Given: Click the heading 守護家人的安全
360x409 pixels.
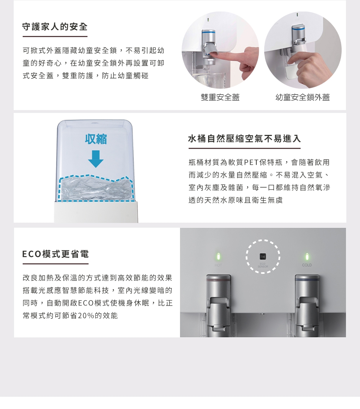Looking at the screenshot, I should (x=55, y=27).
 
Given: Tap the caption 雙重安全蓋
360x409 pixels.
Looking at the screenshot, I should (x=220, y=97).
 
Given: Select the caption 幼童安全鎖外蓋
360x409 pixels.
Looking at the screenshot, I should (x=302, y=97).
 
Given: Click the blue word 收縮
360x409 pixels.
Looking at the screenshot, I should (x=96, y=139).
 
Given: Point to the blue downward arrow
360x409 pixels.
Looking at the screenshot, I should (x=95, y=159).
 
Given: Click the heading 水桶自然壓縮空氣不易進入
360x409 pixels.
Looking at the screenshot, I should (x=244, y=139).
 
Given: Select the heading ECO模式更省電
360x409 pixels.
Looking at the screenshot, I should (x=55, y=254).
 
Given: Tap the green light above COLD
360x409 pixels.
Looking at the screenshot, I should (x=307, y=256).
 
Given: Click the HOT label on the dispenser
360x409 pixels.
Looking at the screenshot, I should (x=218, y=265).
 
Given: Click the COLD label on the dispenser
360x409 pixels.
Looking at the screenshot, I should (x=307, y=265).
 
